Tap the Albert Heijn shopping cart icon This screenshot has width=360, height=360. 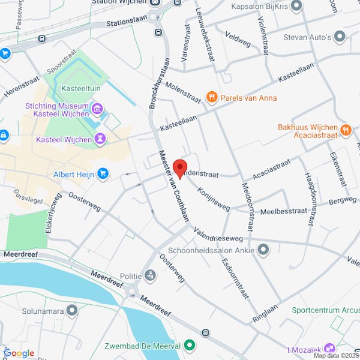click(x=103, y=173)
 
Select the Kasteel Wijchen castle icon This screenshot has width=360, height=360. click(x=101, y=140)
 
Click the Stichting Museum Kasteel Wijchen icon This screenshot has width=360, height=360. click(x=98, y=109)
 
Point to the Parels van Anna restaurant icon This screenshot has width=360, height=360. click(x=211, y=97)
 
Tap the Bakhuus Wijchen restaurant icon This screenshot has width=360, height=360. click(x=345, y=129)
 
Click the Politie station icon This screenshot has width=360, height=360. click(x=149, y=275)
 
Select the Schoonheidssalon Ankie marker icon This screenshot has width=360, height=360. click(x=262, y=248)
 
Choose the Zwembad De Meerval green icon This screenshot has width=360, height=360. click(x=190, y=345)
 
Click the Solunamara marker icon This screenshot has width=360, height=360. click(x=73, y=310)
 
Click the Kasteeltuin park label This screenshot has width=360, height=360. click(x=81, y=88)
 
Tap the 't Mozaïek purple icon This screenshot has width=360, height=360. click(x=329, y=348)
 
